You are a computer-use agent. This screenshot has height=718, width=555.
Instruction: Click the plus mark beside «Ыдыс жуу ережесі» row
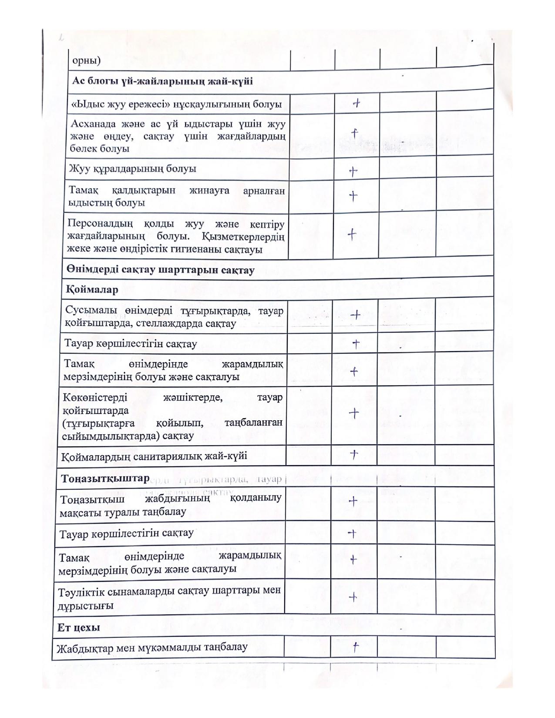click(x=357, y=104)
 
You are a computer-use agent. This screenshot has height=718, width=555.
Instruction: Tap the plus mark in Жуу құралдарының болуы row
click(x=353, y=171)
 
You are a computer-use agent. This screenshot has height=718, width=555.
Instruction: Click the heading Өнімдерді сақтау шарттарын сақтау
click(x=160, y=270)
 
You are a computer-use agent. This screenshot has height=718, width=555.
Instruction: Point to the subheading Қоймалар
click(x=92, y=289)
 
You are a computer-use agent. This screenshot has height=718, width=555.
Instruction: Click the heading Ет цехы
click(x=78, y=627)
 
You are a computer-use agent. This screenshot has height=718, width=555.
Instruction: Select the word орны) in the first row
click(x=86, y=60)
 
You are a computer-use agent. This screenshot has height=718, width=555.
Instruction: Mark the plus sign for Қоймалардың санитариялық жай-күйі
click(x=354, y=454)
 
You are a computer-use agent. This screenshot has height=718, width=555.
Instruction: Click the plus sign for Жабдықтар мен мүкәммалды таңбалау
click(x=355, y=648)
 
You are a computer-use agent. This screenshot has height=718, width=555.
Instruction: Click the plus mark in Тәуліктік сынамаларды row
click(x=353, y=597)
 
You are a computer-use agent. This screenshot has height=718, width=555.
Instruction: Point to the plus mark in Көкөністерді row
click(x=354, y=413)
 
